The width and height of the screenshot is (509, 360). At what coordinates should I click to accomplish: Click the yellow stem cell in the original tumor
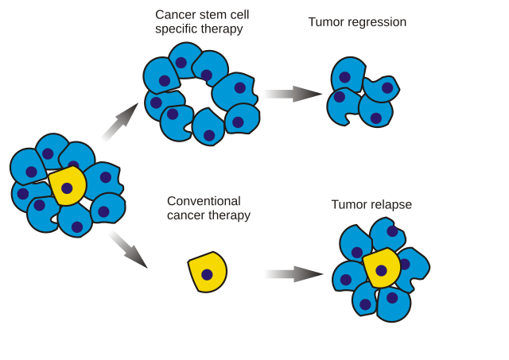pos(67,187)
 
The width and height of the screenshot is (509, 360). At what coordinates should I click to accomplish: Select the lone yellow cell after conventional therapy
pos(208,273)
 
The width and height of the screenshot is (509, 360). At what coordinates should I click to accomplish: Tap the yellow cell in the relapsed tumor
pos(381,268)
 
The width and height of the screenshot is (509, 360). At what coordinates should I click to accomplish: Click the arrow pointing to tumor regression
pos(290,94)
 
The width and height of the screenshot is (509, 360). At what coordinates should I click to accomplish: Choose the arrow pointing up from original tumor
pos(119,124)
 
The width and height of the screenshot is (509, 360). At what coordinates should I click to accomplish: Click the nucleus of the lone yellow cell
pos(207,275)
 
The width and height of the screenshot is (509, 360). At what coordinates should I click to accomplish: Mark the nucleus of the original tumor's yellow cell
pos(68,189)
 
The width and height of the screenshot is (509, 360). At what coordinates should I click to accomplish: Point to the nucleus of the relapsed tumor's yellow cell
pos(382,270)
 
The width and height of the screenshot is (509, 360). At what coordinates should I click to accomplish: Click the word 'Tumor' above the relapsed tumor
pos(349,205)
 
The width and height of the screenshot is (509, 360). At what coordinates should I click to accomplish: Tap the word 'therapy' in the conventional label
pos(231,215)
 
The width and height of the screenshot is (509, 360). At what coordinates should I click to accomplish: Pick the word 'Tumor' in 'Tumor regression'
pos(325,22)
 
